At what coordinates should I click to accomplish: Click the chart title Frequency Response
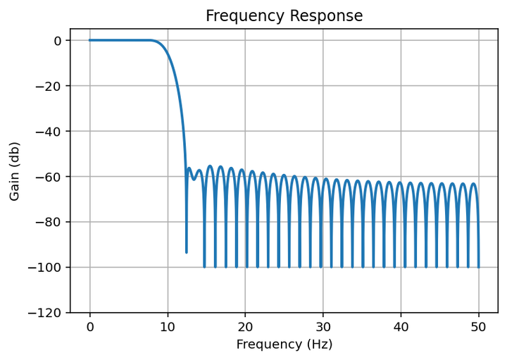click(284, 15)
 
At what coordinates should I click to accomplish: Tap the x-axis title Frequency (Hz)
click(284, 345)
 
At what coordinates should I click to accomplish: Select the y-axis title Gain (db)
click(15, 171)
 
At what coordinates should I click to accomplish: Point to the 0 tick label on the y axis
click(58, 41)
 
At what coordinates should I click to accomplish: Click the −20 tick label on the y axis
click(51, 86)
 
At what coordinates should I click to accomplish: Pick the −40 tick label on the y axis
click(51, 131)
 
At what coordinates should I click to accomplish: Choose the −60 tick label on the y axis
click(51, 177)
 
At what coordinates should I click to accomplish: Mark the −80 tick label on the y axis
click(51, 222)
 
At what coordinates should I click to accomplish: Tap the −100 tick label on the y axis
click(48, 268)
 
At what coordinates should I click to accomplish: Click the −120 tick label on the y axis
click(48, 313)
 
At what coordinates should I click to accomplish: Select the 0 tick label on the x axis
click(89, 326)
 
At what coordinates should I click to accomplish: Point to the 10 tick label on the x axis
click(168, 326)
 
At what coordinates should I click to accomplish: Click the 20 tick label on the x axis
click(245, 326)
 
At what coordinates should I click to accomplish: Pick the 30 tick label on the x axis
click(323, 326)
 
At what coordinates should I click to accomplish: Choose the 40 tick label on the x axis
click(401, 326)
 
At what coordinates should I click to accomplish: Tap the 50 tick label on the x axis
click(479, 326)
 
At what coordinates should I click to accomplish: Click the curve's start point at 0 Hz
click(89, 40)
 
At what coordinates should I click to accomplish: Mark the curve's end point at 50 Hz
click(479, 267)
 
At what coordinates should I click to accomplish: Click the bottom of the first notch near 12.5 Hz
click(187, 252)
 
